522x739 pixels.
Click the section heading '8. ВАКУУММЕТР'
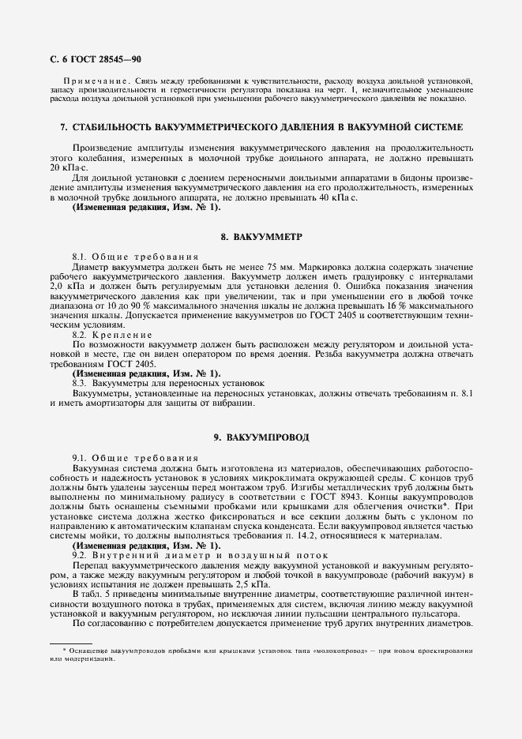[261, 237]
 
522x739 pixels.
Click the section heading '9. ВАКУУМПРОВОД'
[261, 437]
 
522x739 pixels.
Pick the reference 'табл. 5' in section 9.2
[95, 594]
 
